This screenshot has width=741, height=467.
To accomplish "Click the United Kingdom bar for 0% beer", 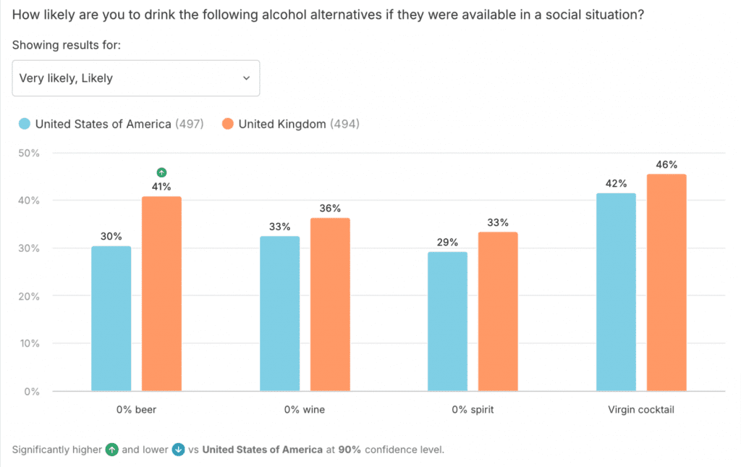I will [161, 294].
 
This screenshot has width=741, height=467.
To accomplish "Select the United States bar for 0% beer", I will [111, 319].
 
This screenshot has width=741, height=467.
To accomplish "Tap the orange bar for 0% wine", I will [330, 304].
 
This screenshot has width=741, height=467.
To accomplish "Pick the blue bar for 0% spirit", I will [447, 321].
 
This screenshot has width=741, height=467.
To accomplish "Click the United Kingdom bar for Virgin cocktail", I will [666, 283].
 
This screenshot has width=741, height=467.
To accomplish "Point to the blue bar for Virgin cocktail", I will [616, 293].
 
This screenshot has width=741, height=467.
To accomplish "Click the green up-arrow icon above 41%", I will [161, 172].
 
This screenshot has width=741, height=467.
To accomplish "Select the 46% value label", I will [666, 164].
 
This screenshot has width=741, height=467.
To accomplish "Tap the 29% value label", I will [448, 242].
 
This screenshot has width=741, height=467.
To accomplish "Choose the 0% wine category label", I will [305, 410].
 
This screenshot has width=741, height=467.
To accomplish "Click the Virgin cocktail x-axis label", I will [641, 410].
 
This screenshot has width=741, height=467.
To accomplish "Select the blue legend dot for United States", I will [25, 124].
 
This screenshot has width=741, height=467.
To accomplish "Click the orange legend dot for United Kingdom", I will [228, 124].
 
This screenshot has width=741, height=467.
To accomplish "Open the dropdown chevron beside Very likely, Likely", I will [246, 78].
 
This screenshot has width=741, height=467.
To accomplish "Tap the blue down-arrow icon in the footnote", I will [179, 450].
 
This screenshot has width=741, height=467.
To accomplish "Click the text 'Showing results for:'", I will [67, 45].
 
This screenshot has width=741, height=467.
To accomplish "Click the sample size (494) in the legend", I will [344, 124].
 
